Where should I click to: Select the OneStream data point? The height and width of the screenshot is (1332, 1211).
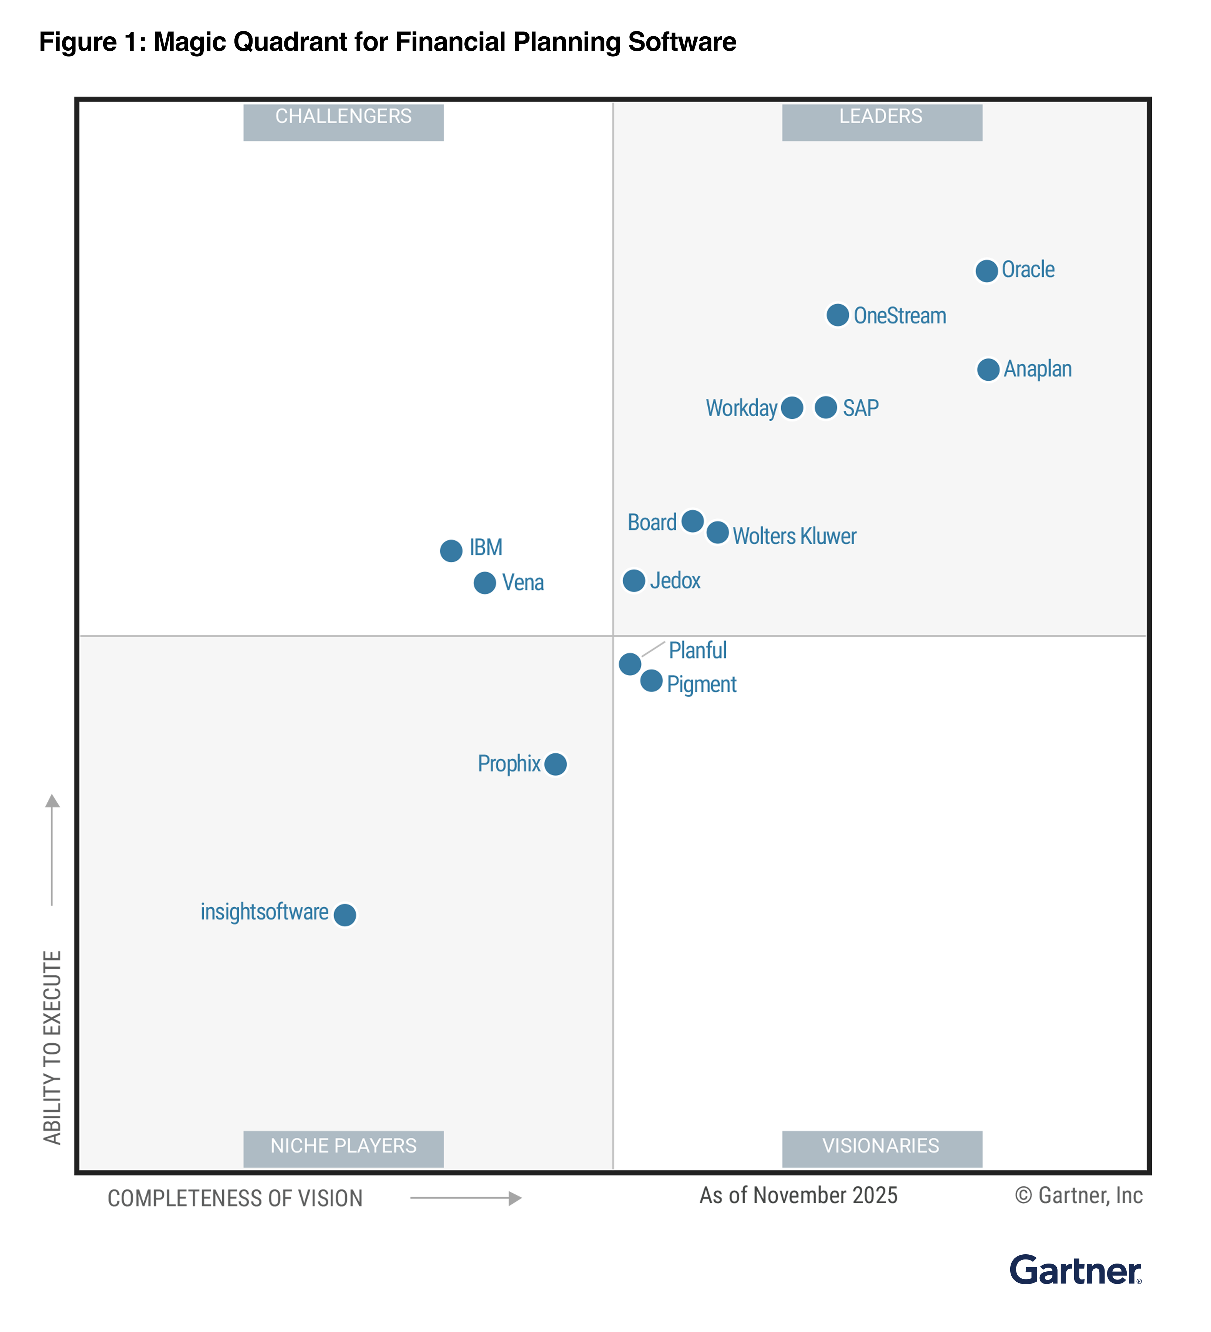point(837,315)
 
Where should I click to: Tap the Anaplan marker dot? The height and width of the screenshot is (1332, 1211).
point(988,369)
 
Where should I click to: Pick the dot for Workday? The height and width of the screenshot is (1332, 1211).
point(792,408)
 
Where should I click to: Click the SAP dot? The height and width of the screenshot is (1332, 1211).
point(825,408)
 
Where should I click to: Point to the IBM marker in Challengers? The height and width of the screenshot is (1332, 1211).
point(451,551)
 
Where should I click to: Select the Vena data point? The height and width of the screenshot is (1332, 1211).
point(485,583)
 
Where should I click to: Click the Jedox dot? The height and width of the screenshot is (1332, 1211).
point(634,581)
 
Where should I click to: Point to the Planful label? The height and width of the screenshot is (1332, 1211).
point(697,650)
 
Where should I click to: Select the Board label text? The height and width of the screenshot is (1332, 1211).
point(652,522)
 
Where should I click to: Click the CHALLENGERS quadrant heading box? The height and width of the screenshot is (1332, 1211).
point(344,122)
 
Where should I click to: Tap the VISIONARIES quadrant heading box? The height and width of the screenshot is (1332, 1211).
point(882,1149)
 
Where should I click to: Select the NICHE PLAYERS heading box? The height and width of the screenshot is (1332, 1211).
point(344,1149)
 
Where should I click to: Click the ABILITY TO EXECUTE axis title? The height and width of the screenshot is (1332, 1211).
point(52,1047)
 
